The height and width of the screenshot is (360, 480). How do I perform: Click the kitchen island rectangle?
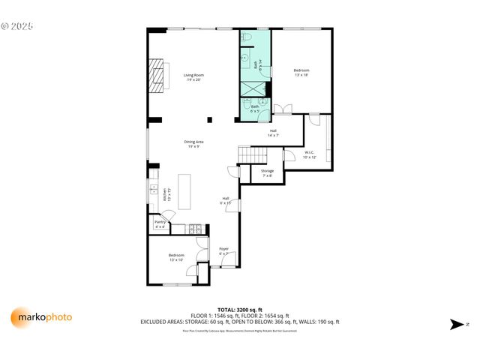click(x=184, y=194)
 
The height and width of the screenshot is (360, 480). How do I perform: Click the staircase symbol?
click(x=253, y=154)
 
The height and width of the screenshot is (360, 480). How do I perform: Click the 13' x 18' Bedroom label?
click(x=301, y=72)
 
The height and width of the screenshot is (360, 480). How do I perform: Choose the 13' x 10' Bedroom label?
click(x=175, y=257)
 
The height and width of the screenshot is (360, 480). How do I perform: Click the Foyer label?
click(x=223, y=250)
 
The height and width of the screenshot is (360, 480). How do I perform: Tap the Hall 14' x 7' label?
click(x=274, y=133)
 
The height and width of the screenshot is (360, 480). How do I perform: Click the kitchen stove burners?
click(x=194, y=229)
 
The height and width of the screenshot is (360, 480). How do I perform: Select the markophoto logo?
click(x=42, y=317)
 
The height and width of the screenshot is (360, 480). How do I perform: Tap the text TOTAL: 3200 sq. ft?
click(x=239, y=310)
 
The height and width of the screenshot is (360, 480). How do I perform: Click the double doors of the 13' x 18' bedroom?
click(x=283, y=111)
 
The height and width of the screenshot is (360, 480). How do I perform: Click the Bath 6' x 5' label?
click(x=255, y=108)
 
